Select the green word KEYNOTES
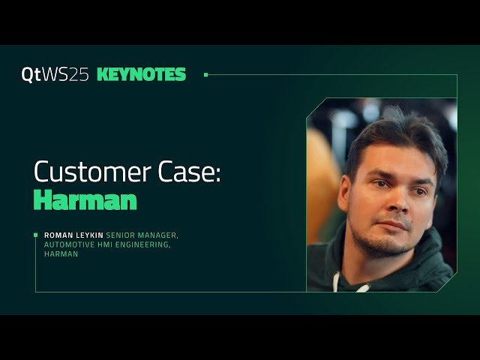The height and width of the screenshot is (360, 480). pyautogui.click(x=141, y=75)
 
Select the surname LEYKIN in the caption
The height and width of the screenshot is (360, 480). pyautogui.click(x=88, y=235)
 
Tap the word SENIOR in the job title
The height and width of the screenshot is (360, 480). pyautogui.click(x=121, y=235)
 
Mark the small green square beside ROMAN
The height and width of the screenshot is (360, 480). pyautogui.click(x=35, y=235)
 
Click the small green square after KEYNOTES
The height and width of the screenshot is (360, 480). pyautogui.click(x=205, y=75)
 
